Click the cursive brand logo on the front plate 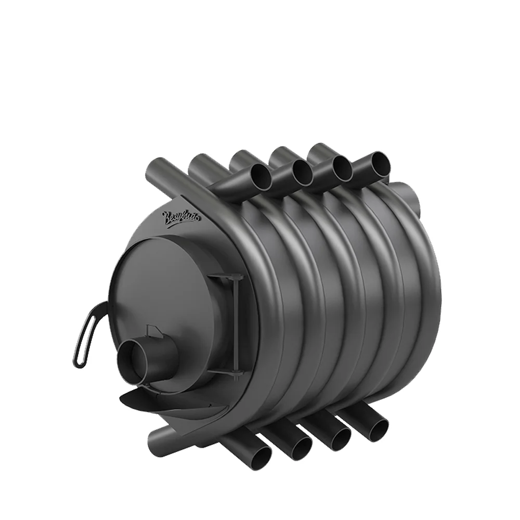click(x=181, y=216)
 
